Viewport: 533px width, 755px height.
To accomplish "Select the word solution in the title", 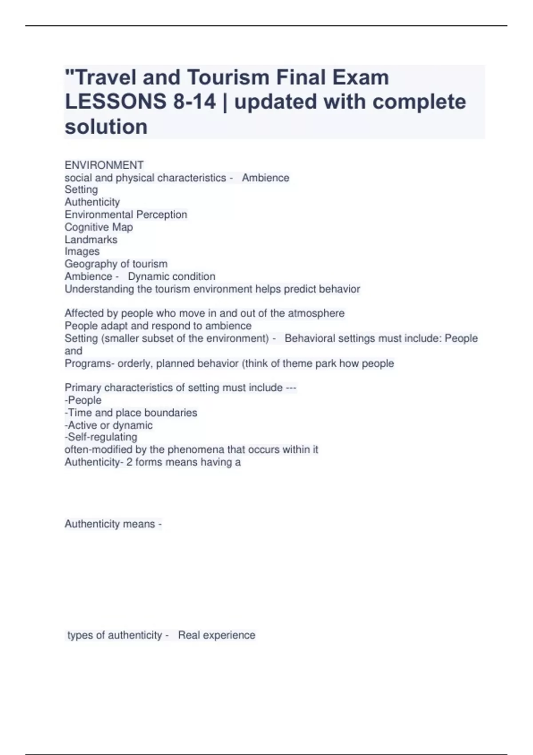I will point(106,127).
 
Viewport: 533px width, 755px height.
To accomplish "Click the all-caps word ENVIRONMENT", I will point(104,165).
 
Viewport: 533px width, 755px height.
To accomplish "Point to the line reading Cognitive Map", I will point(99,227).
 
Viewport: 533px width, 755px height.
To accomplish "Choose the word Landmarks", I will point(91,240).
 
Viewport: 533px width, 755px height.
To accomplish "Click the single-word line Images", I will point(82,252).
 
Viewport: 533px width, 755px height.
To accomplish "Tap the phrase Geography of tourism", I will point(116,264).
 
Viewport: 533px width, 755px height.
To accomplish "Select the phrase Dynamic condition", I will point(171,277).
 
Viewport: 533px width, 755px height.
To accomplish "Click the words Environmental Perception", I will point(126,215).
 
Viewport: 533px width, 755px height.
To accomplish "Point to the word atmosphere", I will point(316,314).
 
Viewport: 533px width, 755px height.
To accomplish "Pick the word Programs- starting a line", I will point(89,364).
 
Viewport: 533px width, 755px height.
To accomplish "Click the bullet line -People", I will point(83,401).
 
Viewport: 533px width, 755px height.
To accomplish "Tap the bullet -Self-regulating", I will point(101,437).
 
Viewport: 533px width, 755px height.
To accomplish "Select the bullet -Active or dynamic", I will point(108,425).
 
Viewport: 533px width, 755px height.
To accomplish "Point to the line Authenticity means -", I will point(113,525).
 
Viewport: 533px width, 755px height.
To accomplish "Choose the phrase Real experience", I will point(217,636).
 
